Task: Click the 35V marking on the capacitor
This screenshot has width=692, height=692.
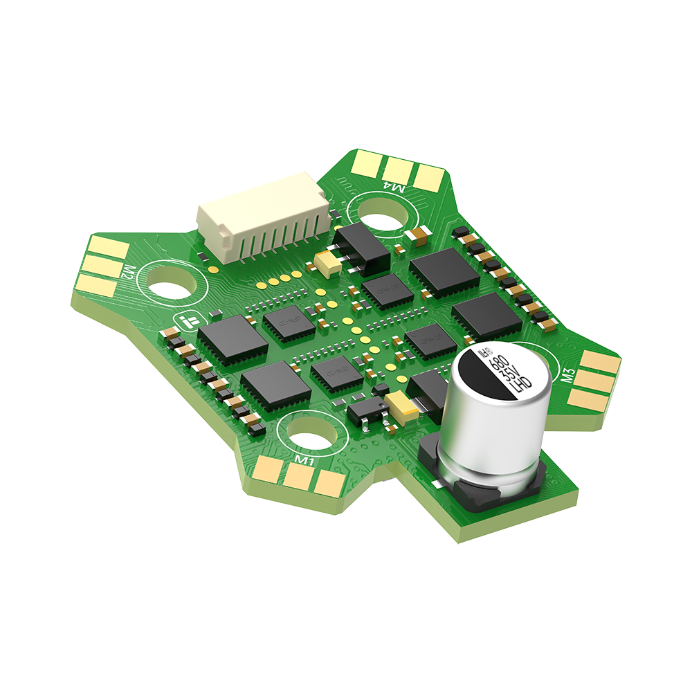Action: pyautogui.click(x=511, y=373)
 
